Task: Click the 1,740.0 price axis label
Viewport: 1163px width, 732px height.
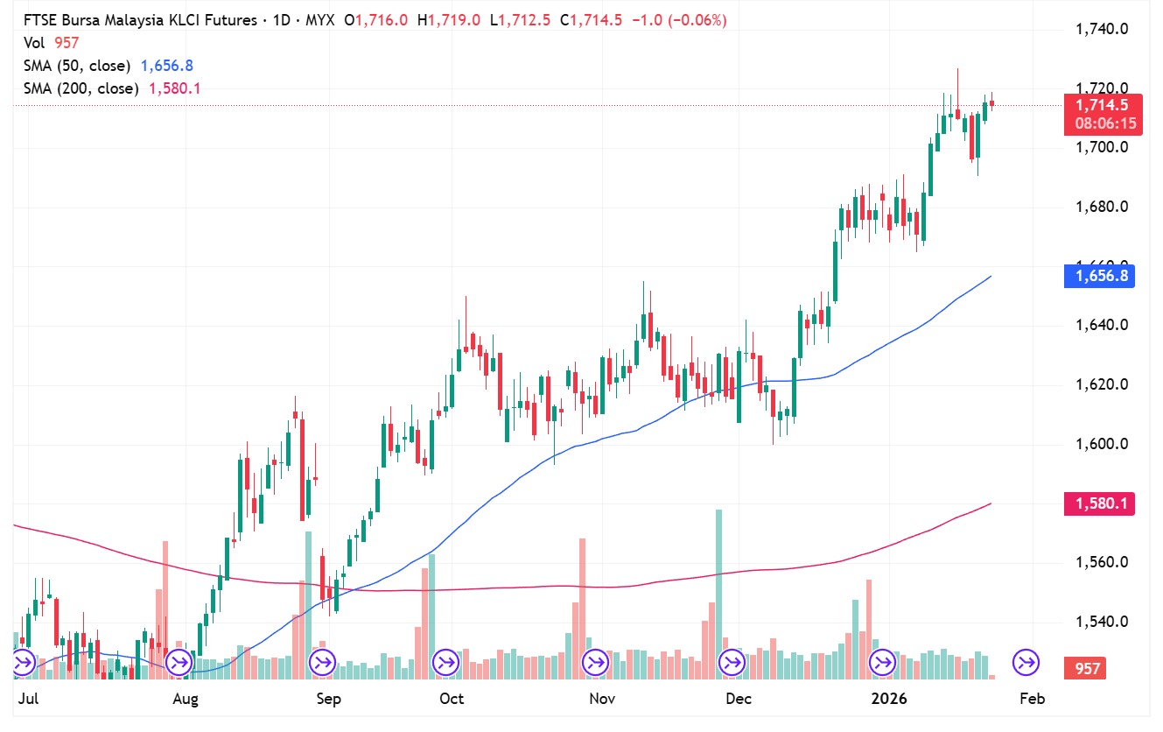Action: [1101, 29]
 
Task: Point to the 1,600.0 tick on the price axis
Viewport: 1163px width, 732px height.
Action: [1101, 444]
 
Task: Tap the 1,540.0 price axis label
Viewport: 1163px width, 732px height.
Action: [1101, 622]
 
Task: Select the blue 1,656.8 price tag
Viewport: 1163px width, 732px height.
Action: [1100, 276]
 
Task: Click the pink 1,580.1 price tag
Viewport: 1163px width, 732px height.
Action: [1100, 503]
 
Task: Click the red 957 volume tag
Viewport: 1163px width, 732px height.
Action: [1087, 669]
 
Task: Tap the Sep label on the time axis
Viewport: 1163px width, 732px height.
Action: [328, 699]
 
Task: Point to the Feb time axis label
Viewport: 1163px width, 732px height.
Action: [1033, 699]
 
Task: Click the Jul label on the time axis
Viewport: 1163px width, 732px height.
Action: [28, 699]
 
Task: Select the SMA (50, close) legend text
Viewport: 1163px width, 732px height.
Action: [76, 66]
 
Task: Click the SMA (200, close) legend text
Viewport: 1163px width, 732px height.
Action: [81, 88]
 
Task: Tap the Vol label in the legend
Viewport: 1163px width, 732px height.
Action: [33, 42]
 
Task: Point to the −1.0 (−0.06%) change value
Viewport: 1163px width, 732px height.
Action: [676, 19]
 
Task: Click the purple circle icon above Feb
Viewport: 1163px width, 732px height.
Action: [1026, 662]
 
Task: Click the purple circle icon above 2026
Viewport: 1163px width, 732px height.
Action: [882, 662]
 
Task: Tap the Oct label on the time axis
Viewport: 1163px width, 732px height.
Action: [452, 699]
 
